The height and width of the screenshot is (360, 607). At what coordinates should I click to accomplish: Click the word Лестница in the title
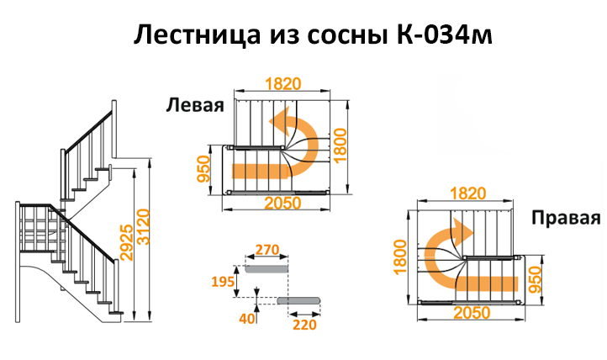(x=197, y=35)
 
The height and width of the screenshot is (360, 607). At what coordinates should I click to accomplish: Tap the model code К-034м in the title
(x=445, y=34)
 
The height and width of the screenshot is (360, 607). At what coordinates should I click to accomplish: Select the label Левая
(x=195, y=105)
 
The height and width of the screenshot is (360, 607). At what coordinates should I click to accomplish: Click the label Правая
(x=566, y=218)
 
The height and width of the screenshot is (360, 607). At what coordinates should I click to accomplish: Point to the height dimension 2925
(x=127, y=242)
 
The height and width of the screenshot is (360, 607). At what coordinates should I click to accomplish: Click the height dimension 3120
(x=143, y=227)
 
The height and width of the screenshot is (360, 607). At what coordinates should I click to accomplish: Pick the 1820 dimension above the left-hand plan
(x=283, y=83)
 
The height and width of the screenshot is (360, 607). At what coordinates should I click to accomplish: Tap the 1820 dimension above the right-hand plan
(x=467, y=193)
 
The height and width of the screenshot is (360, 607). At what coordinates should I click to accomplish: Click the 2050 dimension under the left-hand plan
(x=283, y=204)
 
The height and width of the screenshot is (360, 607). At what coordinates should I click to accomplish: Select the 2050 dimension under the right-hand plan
(x=472, y=313)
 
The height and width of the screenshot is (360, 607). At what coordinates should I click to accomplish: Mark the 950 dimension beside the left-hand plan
(x=203, y=169)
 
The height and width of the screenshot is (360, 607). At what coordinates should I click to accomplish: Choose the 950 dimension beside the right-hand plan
(x=535, y=280)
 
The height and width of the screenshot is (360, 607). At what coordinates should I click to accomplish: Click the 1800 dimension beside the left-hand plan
(x=340, y=146)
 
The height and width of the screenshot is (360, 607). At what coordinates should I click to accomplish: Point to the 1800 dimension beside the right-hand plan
(x=400, y=257)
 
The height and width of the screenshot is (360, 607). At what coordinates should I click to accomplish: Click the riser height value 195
(x=223, y=282)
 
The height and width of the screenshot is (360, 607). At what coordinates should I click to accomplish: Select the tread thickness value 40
(x=247, y=318)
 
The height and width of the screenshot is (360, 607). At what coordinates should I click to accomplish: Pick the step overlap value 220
(x=305, y=325)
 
